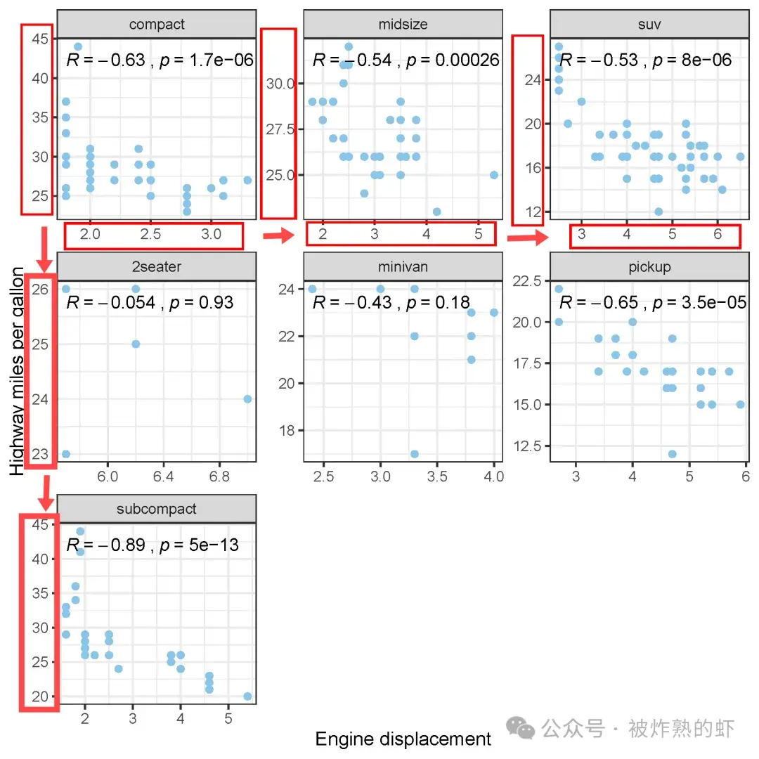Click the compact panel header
tap(156, 24)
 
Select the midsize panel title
tap(403, 24)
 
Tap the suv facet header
tap(649, 24)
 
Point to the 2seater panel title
tap(156, 267)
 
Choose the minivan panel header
tap(403, 267)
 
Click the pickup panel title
tap(649, 267)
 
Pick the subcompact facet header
tap(156, 509)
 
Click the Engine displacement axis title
tap(403, 739)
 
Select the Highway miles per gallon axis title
tap(16, 371)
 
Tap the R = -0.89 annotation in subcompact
tap(105, 545)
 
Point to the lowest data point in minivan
tap(415, 454)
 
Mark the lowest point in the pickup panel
tap(673, 454)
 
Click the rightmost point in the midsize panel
tap(494, 175)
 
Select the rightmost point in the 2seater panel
tap(247, 399)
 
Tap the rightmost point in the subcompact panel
tap(247, 696)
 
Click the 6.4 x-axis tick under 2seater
tap(163, 476)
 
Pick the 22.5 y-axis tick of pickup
tap(527, 281)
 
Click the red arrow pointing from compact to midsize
tap(279, 235)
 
